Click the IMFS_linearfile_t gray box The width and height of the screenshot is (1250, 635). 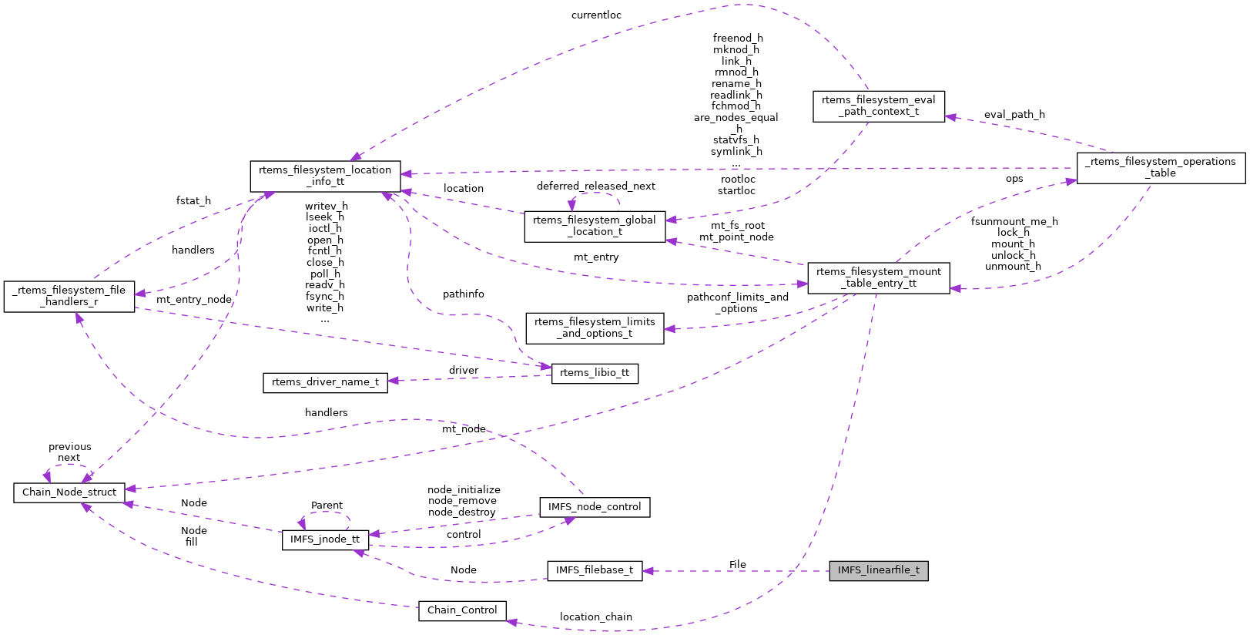878,571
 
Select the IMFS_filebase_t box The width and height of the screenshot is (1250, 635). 595,571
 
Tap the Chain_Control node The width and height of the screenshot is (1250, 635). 462,610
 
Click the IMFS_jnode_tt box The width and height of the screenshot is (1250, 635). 324,539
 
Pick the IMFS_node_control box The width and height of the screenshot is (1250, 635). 595,507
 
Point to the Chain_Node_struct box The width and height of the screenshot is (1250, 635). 69,492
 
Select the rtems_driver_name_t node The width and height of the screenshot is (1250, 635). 325,382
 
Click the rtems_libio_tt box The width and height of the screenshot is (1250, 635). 595,373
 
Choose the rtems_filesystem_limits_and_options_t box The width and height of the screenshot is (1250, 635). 595,328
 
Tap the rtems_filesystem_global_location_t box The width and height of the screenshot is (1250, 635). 595,226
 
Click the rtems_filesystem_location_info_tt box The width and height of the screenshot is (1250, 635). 325,176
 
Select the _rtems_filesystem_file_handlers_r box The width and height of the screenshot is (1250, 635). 69,296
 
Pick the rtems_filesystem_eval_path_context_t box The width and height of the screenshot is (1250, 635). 878,106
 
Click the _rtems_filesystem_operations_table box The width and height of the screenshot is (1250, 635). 1160,167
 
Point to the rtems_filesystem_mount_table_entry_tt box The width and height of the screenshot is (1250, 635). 878,277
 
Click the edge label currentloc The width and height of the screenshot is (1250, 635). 596,15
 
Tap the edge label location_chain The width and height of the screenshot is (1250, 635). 595,617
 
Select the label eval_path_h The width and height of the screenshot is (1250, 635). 1014,115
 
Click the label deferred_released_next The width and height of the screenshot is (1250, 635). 595,186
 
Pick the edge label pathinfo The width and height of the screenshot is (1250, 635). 463,294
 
